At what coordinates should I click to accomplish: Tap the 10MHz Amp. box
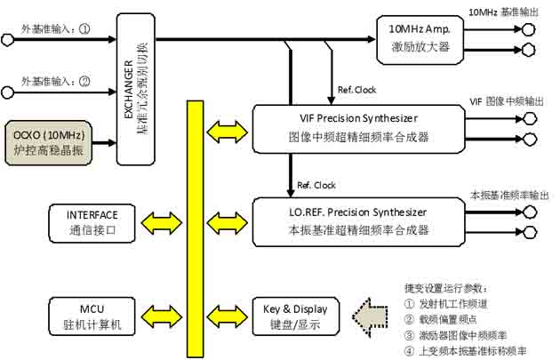(x=420, y=38)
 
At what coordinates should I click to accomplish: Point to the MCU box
(x=92, y=316)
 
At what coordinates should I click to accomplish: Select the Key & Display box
(x=295, y=316)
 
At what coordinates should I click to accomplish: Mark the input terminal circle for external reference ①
(x=8, y=39)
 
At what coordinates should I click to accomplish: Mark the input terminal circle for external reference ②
(x=8, y=90)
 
